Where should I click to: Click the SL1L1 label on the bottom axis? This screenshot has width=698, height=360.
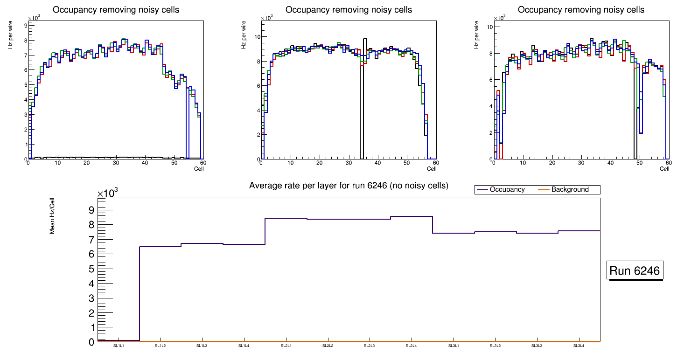[x=119, y=346]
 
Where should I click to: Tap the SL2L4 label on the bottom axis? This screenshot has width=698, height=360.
[x=411, y=346]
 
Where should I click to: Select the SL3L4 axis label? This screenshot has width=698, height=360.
[x=579, y=346]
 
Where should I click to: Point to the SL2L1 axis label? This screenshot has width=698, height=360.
[x=286, y=346]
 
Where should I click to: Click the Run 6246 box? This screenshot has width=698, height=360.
[x=635, y=271]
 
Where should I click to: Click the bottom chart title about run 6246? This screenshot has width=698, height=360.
[x=349, y=186]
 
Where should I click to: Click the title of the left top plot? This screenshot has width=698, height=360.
[x=116, y=10]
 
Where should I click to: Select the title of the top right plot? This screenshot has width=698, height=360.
[x=581, y=10]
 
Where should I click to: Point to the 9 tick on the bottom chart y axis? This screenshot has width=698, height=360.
[x=91, y=210]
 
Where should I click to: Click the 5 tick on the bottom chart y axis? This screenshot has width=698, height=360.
[x=91, y=269]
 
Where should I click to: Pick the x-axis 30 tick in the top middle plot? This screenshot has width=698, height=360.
[x=349, y=163]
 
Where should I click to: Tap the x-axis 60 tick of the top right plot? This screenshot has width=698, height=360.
[x=668, y=163]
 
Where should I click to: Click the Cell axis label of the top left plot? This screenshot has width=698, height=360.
[x=199, y=169]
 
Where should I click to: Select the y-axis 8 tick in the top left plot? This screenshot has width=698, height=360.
[x=25, y=40]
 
